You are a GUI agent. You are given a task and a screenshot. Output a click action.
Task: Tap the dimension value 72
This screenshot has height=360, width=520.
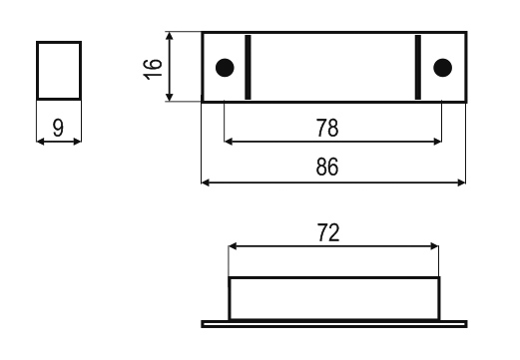(331, 233)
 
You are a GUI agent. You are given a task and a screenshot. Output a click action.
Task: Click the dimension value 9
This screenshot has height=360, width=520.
(58, 127)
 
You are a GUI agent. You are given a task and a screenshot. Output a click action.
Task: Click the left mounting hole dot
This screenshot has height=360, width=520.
(225, 67)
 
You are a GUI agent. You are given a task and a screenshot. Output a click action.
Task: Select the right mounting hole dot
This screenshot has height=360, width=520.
(442, 67)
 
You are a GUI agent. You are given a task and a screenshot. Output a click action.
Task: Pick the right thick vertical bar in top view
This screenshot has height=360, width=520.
(418, 67)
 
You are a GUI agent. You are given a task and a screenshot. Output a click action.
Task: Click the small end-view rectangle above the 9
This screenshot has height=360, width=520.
(58, 70)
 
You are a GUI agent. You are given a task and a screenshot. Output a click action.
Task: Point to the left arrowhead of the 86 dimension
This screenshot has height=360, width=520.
(207, 182)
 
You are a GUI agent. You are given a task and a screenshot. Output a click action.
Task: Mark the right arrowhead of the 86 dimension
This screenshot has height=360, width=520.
(462, 182)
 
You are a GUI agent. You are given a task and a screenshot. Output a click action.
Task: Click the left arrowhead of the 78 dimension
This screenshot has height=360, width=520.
(229, 142)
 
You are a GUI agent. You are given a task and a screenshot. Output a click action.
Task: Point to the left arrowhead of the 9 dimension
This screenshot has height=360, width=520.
(40, 141)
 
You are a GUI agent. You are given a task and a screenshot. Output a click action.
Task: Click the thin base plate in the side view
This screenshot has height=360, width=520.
(333, 323)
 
